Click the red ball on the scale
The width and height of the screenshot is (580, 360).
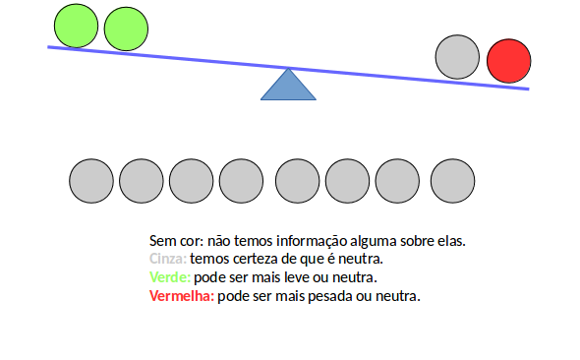(x=508, y=61)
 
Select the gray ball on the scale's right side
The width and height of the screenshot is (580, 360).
(x=457, y=57)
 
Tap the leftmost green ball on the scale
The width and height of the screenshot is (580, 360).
(x=76, y=26)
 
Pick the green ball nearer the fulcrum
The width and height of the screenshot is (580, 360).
(x=125, y=30)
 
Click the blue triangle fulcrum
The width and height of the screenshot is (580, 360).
(x=288, y=87)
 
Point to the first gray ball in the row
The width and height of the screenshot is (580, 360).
(x=91, y=181)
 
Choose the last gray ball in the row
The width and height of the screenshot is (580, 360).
(x=453, y=181)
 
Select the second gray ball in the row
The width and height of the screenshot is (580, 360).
(x=142, y=181)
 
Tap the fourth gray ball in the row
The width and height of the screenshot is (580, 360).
(x=242, y=181)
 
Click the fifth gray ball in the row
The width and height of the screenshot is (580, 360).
(x=298, y=181)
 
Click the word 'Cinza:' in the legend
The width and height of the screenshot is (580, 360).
(x=167, y=259)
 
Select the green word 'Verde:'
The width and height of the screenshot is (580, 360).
(x=170, y=277)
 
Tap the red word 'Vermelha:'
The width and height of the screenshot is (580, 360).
(x=181, y=296)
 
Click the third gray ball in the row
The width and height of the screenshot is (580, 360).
(x=192, y=181)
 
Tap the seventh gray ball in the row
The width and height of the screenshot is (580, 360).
(x=398, y=181)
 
